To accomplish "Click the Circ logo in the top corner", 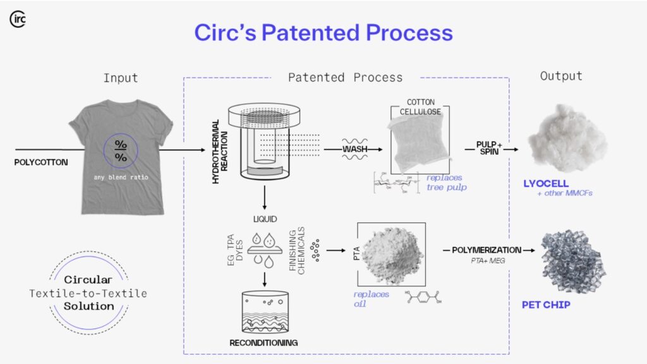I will pos(18,19).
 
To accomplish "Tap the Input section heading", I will pos(121,78).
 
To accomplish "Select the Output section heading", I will pos(560,76).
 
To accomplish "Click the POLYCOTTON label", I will pos(41,162).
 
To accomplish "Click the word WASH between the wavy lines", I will pos(355,150).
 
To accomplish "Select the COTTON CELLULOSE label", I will pos(421,107).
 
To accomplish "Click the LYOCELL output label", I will pos(546,184).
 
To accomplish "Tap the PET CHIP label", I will pos(547,305).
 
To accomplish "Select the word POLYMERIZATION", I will pos(486,250).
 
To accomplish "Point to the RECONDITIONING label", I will pos(264,343).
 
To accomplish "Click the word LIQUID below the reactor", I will pos(265,221).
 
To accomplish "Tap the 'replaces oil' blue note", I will pos(372,299).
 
